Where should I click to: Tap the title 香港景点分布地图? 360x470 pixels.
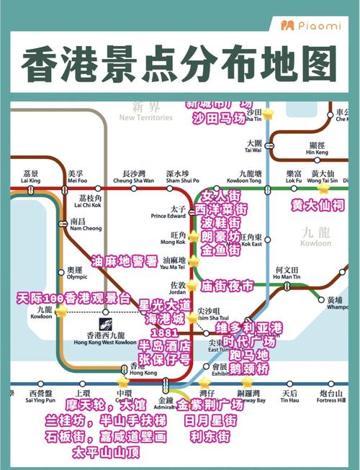pyautogui.click(x=179, y=65)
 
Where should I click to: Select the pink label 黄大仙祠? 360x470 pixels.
pyautogui.click(x=318, y=205)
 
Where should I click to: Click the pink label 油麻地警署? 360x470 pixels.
pyautogui.click(x=124, y=261)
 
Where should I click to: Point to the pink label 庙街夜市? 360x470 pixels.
pyautogui.click(x=228, y=286)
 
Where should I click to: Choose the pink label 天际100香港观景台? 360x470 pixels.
pyautogui.click(x=74, y=297)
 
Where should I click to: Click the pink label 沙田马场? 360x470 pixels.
pyautogui.click(x=220, y=118)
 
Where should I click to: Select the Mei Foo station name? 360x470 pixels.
pyautogui.click(x=76, y=177)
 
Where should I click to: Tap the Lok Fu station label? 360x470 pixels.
pyautogui.click(x=294, y=177)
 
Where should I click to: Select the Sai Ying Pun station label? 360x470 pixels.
pyautogui.click(x=41, y=397)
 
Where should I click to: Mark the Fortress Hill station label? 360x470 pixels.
pyautogui.click(x=330, y=397)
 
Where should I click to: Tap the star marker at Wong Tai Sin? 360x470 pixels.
pyautogui.click(x=323, y=189)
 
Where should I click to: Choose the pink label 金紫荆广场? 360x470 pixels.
pyautogui.click(x=210, y=405)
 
